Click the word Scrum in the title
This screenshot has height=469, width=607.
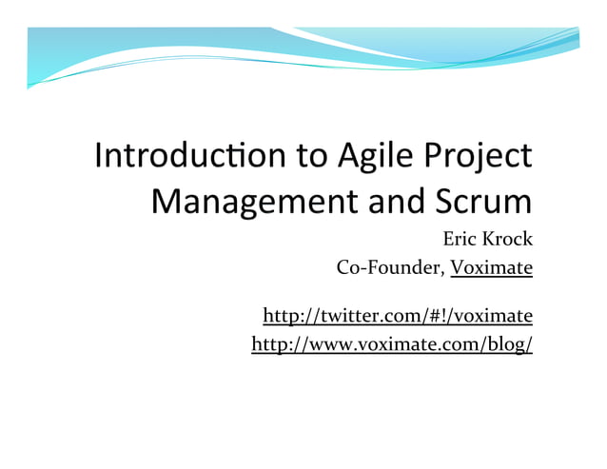tap(482, 202)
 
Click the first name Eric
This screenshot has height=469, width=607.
tap(462, 239)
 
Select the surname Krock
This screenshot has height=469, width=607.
tap(509, 239)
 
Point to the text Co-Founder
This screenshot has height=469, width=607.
tap(390, 267)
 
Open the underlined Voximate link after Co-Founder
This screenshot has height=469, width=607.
tap(492, 267)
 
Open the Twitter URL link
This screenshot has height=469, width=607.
tap(397, 315)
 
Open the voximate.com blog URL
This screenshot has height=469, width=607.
tap(391, 343)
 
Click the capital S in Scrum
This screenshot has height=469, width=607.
tap(444, 202)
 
